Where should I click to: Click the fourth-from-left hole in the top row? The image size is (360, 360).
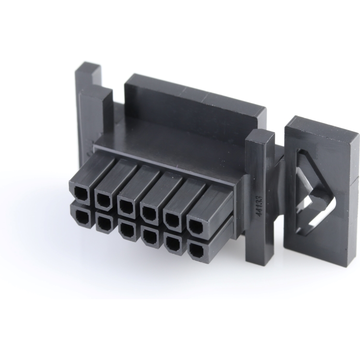[148, 212]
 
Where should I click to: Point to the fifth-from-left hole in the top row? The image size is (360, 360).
[172, 218]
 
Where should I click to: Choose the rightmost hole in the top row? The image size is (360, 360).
[196, 227]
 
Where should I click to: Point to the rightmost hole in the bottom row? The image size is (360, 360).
[195, 250]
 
